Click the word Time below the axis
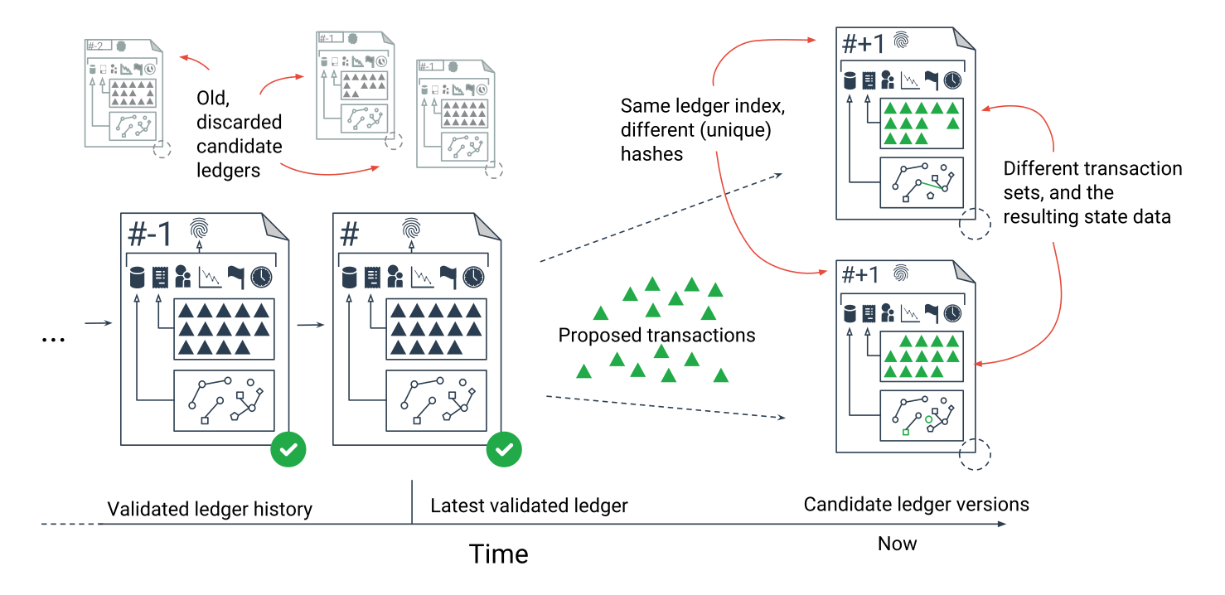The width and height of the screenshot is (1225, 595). pos(498,554)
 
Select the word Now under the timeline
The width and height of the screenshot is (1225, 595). pos(897,544)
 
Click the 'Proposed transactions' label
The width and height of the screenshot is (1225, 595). pos(656,336)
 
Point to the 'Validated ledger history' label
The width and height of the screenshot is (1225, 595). pos(210,509)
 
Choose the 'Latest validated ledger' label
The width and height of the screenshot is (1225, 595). pos(529,506)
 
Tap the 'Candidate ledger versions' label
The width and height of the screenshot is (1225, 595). pos(916,504)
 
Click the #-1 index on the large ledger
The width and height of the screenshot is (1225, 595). pos(150,235)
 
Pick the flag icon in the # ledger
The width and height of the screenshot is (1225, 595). pos(448,277)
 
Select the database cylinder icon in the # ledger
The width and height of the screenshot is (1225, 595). pos(349,277)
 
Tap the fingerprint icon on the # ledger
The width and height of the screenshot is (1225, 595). pos(410,228)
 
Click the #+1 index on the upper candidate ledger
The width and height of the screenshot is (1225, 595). pos(864,43)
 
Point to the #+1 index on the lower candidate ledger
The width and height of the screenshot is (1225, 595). pos(859,275)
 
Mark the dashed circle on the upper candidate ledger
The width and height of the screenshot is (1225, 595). pos(975,224)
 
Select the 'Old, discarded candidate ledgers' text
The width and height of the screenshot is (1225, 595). pos(239,134)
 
